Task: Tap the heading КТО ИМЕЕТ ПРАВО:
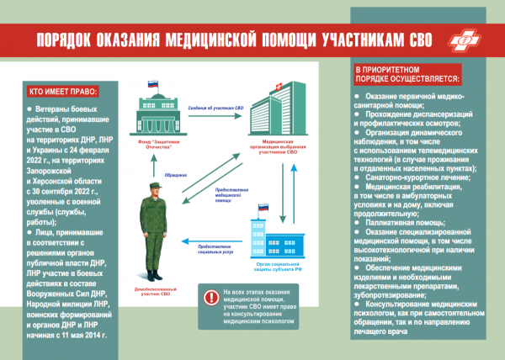coord(63,91)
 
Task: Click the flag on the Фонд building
coord(153,85)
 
